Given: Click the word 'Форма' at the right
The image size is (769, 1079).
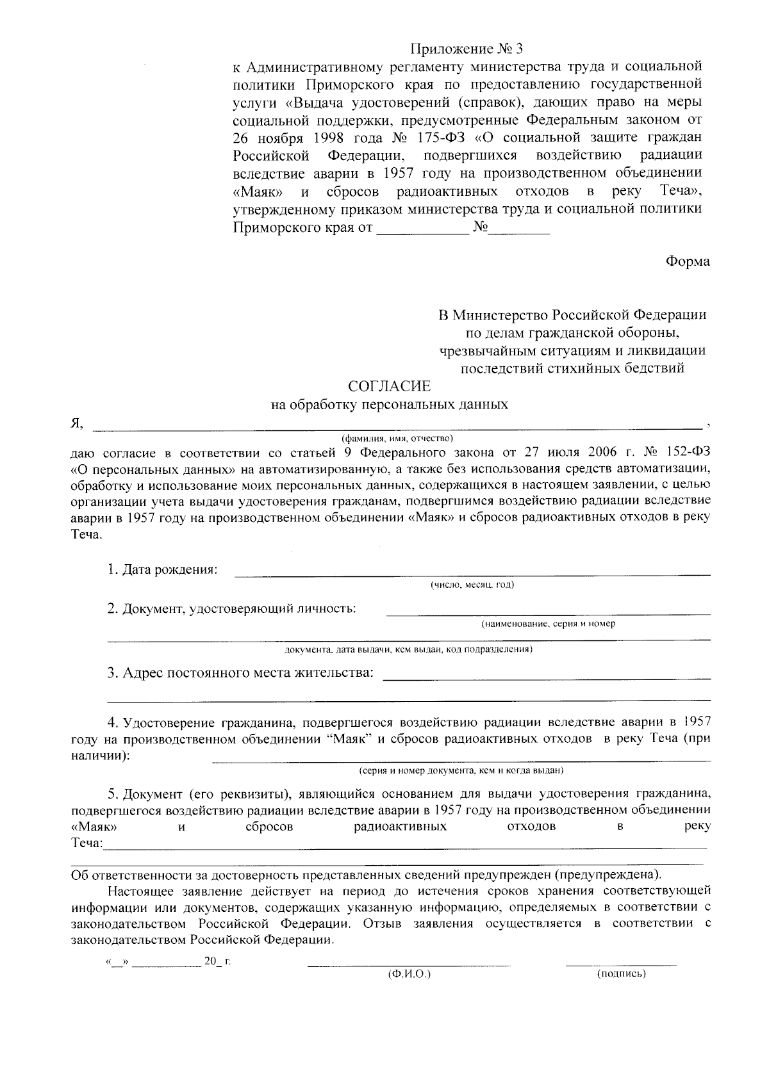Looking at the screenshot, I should (x=688, y=261).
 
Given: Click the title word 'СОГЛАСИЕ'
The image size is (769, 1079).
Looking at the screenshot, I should (x=389, y=386).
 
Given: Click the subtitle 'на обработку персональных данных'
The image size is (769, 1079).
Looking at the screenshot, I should (x=390, y=405).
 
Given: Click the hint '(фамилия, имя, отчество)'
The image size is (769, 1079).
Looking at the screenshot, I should (x=397, y=438).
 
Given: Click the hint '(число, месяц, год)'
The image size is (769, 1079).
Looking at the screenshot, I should (x=472, y=585).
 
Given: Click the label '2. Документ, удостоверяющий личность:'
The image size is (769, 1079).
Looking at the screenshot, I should (x=231, y=608).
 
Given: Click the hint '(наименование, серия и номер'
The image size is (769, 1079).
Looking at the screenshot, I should (x=548, y=623).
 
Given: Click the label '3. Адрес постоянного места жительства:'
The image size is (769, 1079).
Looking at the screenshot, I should (x=240, y=673).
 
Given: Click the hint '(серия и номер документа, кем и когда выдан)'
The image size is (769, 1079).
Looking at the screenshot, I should (x=461, y=770).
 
